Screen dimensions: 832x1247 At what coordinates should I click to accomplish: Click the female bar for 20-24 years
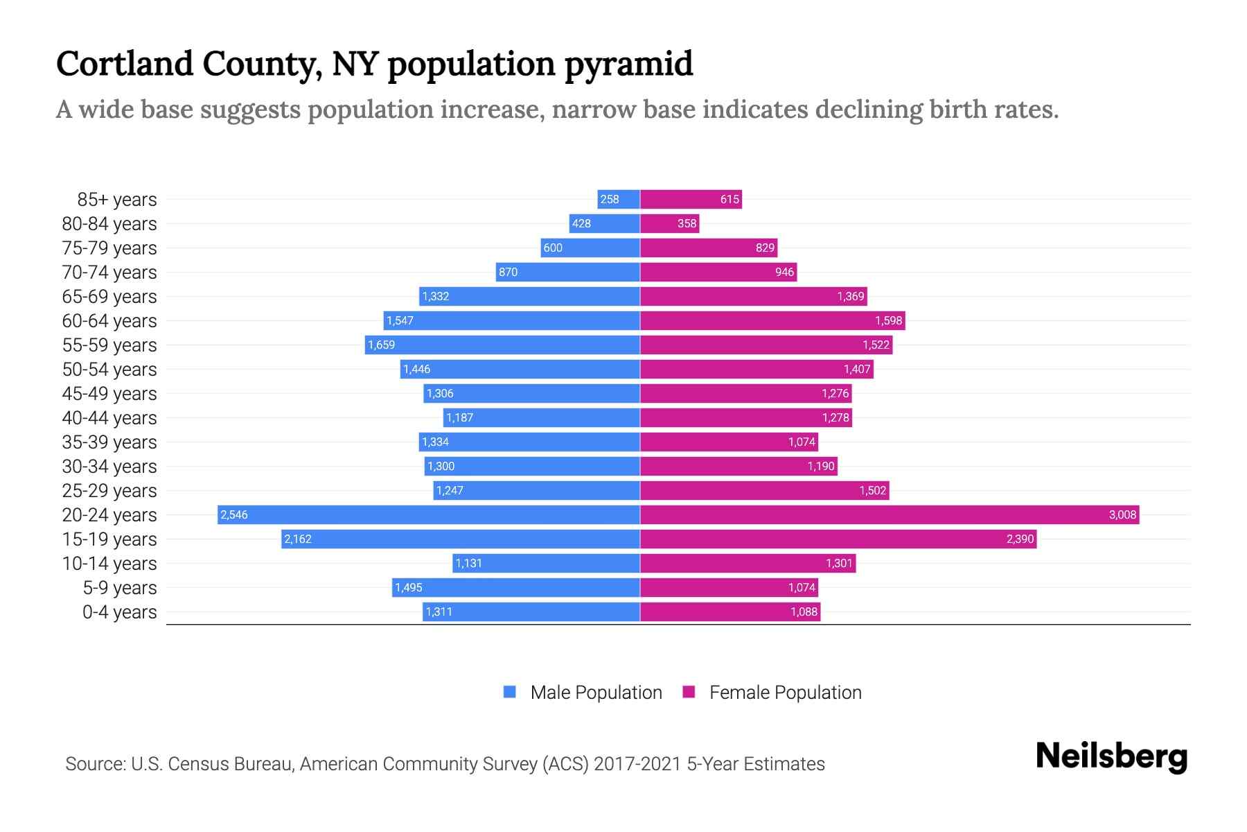[890, 514]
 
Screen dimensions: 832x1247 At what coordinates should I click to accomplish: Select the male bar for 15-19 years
[461, 539]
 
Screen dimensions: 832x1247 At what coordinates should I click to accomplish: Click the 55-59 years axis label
[109, 345]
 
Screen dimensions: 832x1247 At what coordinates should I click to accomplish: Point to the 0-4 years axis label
[119, 612]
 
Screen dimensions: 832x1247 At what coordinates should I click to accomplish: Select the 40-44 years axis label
[109, 417]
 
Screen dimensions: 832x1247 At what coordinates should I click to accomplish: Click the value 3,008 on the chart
[1122, 514]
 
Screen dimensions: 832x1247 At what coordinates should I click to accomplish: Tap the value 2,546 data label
[234, 514]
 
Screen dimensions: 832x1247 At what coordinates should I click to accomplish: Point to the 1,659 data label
[382, 345]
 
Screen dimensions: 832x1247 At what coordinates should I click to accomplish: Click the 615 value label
[729, 199]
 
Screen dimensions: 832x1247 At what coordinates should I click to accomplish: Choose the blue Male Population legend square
[510, 692]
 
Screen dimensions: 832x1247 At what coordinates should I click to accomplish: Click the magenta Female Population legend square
[689, 692]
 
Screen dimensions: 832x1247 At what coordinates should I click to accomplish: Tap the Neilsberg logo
[1111, 756]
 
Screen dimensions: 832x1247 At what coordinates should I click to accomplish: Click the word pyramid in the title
[628, 64]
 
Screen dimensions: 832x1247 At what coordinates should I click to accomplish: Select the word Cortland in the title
[125, 64]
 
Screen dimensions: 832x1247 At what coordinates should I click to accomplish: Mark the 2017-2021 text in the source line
[637, 764]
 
